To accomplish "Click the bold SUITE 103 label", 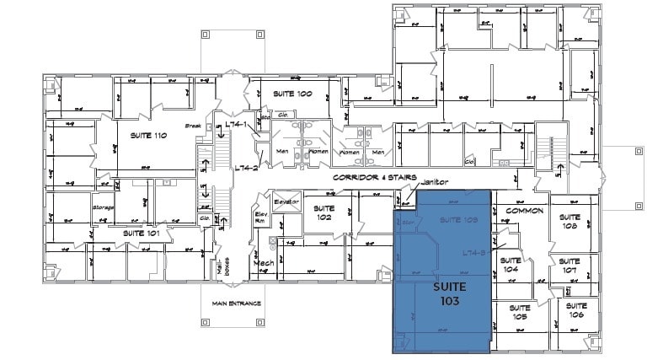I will click(448, 293).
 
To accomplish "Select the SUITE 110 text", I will click(148, 136).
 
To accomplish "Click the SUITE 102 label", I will click(323, 212).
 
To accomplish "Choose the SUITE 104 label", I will click(509, 266).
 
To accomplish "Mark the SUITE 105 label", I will click(520, 313).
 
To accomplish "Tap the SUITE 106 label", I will click(576, 309).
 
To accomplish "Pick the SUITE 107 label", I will click(569, 266).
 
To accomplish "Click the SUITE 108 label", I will click(569, 221).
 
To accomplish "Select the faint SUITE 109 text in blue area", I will click(459, 219).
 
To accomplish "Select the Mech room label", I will click(262, 263).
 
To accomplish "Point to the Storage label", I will click(103, 207).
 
